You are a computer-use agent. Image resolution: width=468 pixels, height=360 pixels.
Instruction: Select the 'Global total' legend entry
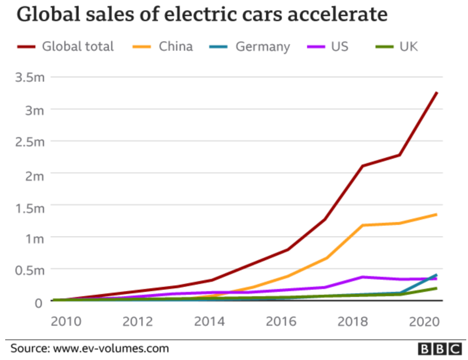(78, 46)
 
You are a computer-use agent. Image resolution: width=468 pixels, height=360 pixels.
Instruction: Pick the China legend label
(175, 46)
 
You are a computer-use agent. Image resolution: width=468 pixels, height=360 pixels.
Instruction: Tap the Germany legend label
(263, 46)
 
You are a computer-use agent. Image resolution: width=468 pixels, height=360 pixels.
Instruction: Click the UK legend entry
(409, 46)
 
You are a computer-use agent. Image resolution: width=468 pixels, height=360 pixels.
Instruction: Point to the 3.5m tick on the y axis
(30, 78)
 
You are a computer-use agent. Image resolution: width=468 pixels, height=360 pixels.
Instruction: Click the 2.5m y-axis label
(30, 142)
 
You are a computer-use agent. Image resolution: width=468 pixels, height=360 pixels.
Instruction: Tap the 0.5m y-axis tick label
(30, 270)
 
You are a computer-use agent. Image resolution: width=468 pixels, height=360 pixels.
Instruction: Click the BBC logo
(439, 349)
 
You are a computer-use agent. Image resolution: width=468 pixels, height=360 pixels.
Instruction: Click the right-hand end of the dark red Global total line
(437, 93)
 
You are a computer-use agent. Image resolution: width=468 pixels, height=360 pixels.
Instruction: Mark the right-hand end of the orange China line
(436, 214)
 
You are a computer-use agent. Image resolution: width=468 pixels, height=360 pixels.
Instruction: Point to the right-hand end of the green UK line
(436, 288)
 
